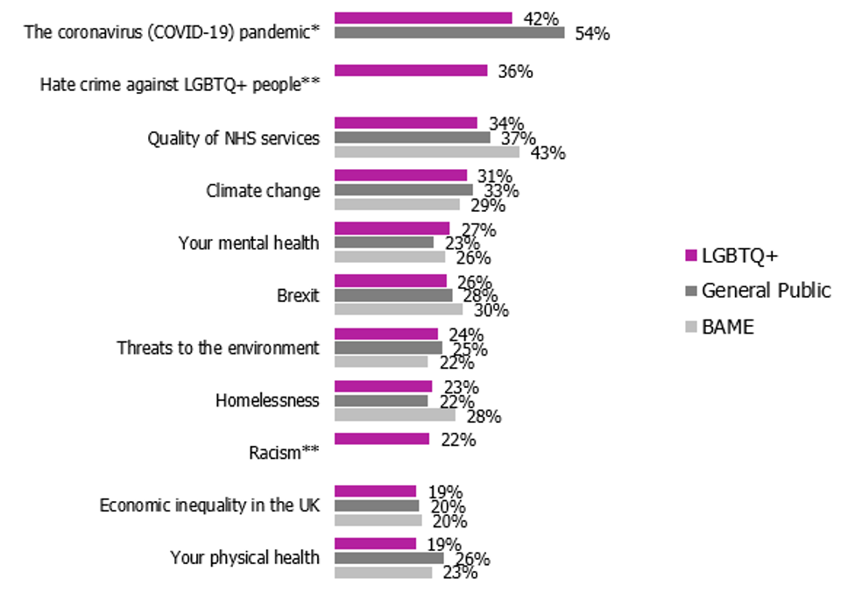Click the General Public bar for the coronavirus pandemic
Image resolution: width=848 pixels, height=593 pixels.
click(449, 32)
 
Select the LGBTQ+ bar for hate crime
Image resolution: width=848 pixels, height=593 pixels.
click(411, 70)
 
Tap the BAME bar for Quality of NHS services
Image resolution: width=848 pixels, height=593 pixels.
click(427, 152)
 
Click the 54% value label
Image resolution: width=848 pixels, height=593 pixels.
click(591, 34)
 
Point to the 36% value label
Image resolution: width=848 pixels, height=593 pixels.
click(514, 72)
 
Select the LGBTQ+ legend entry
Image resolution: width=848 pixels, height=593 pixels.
click(740, 255)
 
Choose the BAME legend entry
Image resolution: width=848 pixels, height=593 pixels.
click(728, 327)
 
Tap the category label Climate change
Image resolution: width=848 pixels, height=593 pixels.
click(263, 190)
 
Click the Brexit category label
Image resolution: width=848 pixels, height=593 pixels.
click(298, 295)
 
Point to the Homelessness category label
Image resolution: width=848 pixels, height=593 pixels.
click(267, 400)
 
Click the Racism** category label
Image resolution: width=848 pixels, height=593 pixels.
click(284, 453)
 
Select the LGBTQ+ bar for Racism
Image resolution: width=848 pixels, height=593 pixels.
click(382, 439)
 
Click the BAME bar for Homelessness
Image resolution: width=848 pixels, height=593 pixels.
click(395, 415)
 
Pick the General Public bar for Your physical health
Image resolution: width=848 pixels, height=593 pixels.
click(389, 558)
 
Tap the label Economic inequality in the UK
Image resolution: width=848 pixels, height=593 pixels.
click(209, 505)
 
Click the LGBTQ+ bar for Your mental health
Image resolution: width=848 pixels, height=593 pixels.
click(392, 228)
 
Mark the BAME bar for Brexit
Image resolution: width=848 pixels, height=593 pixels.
click(399, 309)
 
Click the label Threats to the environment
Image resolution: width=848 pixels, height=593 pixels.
click(218, 348)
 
